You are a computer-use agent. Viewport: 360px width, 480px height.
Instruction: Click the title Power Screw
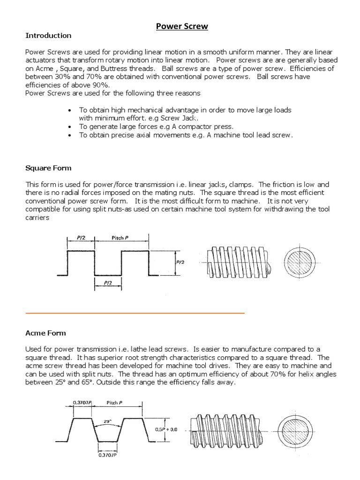coord(182,26)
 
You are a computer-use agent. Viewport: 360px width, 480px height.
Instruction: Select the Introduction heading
coord(48,36)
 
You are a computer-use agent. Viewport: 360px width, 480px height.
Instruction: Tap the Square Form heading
coord(48,168)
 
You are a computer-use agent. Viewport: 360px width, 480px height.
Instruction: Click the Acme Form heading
coord(45,333)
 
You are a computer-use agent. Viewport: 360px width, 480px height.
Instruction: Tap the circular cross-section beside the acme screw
coord(294,429)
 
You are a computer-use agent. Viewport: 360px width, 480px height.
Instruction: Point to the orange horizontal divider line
coord(135,312)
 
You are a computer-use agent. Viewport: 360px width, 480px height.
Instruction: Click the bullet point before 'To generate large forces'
coord(70,127)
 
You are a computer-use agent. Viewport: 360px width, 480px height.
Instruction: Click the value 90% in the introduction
coord(101,85)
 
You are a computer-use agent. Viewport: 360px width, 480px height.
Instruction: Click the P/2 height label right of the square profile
coord(180,263)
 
